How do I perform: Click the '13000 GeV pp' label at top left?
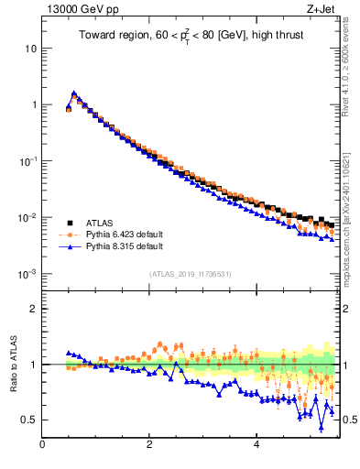point(75,10)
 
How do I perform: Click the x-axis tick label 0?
point(42,446)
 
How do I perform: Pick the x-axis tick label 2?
point(149,446)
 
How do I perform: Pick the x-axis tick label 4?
point(256,446)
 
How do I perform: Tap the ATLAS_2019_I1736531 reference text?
point(190,274)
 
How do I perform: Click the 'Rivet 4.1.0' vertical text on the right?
point(352,64)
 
